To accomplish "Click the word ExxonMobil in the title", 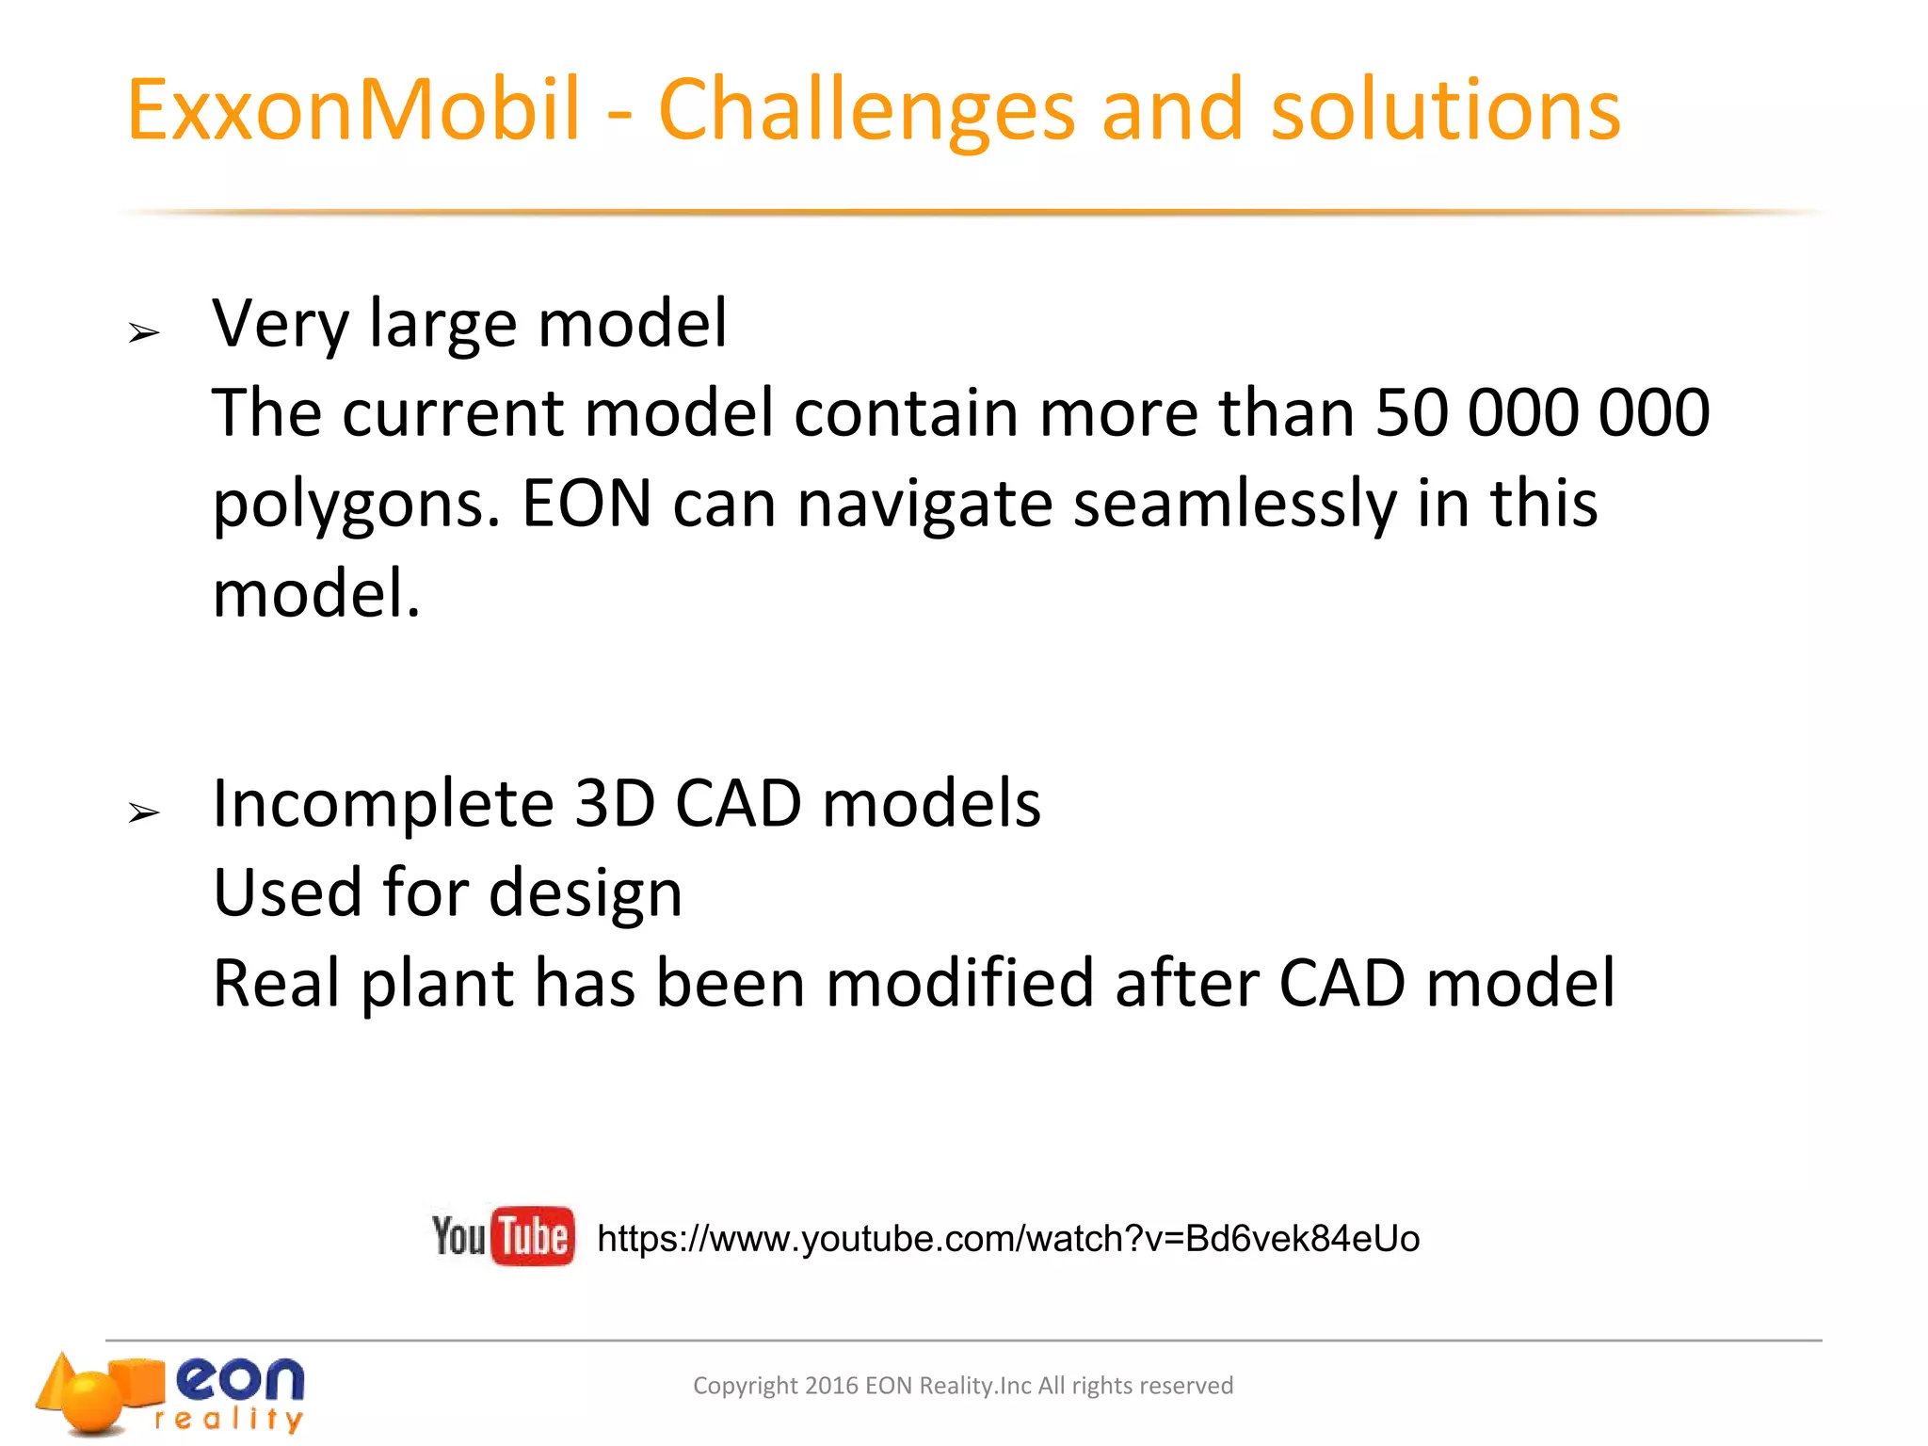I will click(353, 110).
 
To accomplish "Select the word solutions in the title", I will click(1445, 110).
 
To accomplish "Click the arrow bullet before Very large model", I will click(144, 332).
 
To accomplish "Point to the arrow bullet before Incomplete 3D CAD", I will click(144, 812).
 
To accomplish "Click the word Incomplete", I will click(382, 806).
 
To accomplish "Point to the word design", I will click(585, 894).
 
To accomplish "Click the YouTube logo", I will click(503, 1235).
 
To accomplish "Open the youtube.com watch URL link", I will click(1007, 1239).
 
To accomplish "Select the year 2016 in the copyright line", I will click(831, 1386).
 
